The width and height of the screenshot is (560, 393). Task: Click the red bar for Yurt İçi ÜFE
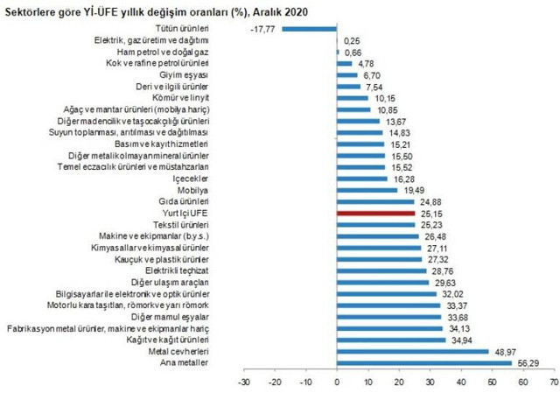point(375,212)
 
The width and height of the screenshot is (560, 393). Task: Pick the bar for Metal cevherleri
point(412,350)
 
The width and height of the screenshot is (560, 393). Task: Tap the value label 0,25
point(353,40)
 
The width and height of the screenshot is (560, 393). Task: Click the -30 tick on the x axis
point(243,382)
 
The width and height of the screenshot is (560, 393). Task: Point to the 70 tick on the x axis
point(553,382)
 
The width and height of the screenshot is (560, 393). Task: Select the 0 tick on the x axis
point(337,382)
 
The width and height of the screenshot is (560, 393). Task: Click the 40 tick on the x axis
point(460,382)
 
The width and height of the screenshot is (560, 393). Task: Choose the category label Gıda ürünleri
point(185,200)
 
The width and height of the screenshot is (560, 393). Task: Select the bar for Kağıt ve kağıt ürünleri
point(391,339)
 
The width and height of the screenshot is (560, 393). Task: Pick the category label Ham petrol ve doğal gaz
point(164,52)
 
